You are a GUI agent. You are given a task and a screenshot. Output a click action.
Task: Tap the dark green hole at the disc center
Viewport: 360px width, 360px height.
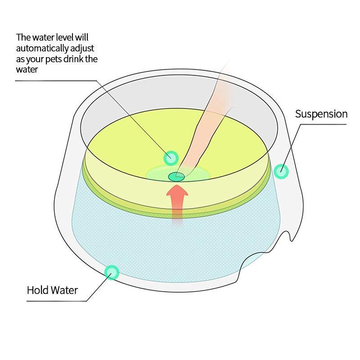tap(175, 176)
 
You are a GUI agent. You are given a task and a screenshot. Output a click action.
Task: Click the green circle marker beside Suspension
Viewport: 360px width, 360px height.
tap(281, 171)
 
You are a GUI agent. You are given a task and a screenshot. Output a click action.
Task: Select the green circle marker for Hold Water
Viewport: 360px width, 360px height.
tap(111, 272)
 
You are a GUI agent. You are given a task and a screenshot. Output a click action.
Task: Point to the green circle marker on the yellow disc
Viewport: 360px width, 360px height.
tap(171, 158)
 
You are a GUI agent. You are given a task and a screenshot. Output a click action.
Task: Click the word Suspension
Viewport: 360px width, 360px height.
tap(321, 114)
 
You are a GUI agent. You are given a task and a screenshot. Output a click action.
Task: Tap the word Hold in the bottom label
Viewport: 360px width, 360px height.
tap(37, 290)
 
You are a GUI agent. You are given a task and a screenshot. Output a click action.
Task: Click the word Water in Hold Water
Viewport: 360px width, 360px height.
tap(63, 290)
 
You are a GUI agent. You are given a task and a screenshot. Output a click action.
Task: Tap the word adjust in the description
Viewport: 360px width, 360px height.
tap(83, 48)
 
